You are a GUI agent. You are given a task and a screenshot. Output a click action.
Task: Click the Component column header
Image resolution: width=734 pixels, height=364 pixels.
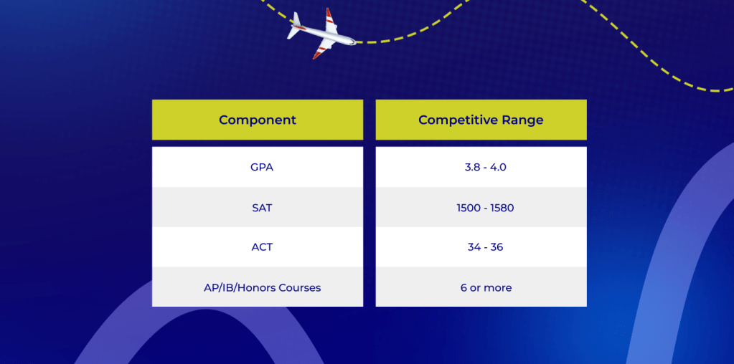pos(258,120)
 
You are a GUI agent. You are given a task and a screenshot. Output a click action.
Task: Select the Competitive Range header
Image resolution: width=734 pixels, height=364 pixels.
pos(481,120)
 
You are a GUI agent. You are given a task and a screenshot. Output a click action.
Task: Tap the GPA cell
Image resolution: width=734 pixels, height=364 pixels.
pos(258,167)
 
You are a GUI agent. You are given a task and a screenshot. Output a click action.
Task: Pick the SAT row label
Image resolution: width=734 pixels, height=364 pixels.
pos(262,208)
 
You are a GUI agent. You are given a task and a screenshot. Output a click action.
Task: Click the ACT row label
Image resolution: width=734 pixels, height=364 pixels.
pos(262,247)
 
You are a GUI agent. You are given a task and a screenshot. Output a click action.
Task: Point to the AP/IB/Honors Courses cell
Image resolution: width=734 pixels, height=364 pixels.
pos(258,287)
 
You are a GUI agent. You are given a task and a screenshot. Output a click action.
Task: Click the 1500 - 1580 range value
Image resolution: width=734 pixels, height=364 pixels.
pos(486,208)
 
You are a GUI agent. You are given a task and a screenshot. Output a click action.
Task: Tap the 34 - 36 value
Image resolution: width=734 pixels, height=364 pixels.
pos(486,247)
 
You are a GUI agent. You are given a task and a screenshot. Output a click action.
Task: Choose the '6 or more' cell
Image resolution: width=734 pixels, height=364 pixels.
pos(481,287)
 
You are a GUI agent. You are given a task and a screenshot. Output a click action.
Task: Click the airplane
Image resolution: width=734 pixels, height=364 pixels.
pos(321,34)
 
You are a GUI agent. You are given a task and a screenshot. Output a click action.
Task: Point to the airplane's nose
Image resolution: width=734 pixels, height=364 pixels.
pos(355,42)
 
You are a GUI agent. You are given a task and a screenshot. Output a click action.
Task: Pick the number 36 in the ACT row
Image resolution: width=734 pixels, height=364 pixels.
pos(497,247)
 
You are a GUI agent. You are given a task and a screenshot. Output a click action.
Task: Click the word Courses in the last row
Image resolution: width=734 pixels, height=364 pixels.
pos(300,287)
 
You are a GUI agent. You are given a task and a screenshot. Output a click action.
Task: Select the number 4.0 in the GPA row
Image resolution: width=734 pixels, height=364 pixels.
pos(498,167)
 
